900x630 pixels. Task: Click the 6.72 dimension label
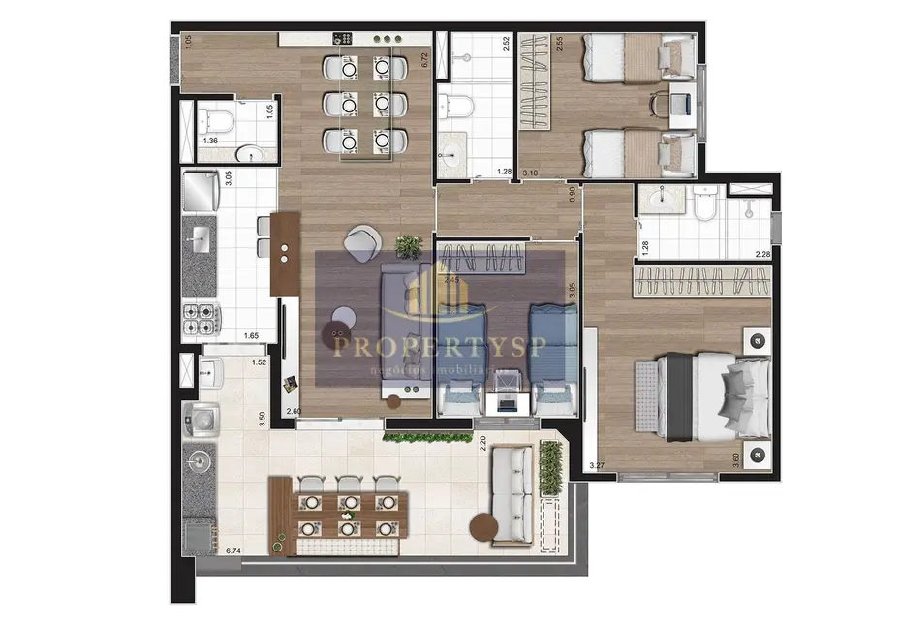point(424,60)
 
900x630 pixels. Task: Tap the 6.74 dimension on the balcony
point(233,551)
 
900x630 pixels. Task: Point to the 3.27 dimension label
point(603,465)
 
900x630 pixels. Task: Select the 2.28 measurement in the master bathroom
point(761,255)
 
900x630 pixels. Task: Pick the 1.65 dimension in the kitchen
point(251,336)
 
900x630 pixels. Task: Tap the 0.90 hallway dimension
point(573,194)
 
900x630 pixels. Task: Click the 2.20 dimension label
point(482,445)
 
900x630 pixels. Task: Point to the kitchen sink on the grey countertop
point(201,236)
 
